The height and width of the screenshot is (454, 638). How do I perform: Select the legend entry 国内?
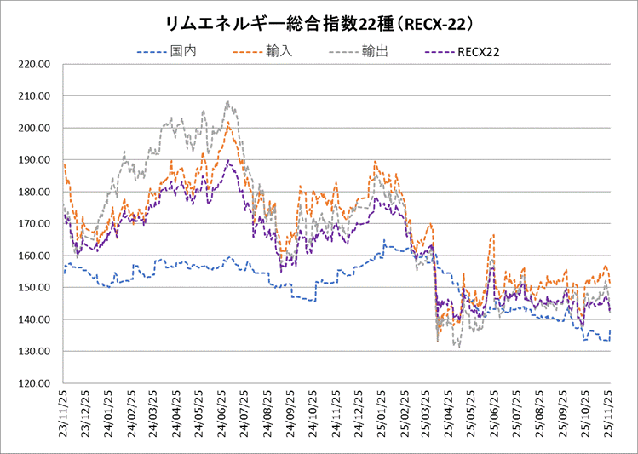(x=181, y=51)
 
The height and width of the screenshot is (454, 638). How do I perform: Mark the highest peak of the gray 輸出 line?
(x=228, y=101)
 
